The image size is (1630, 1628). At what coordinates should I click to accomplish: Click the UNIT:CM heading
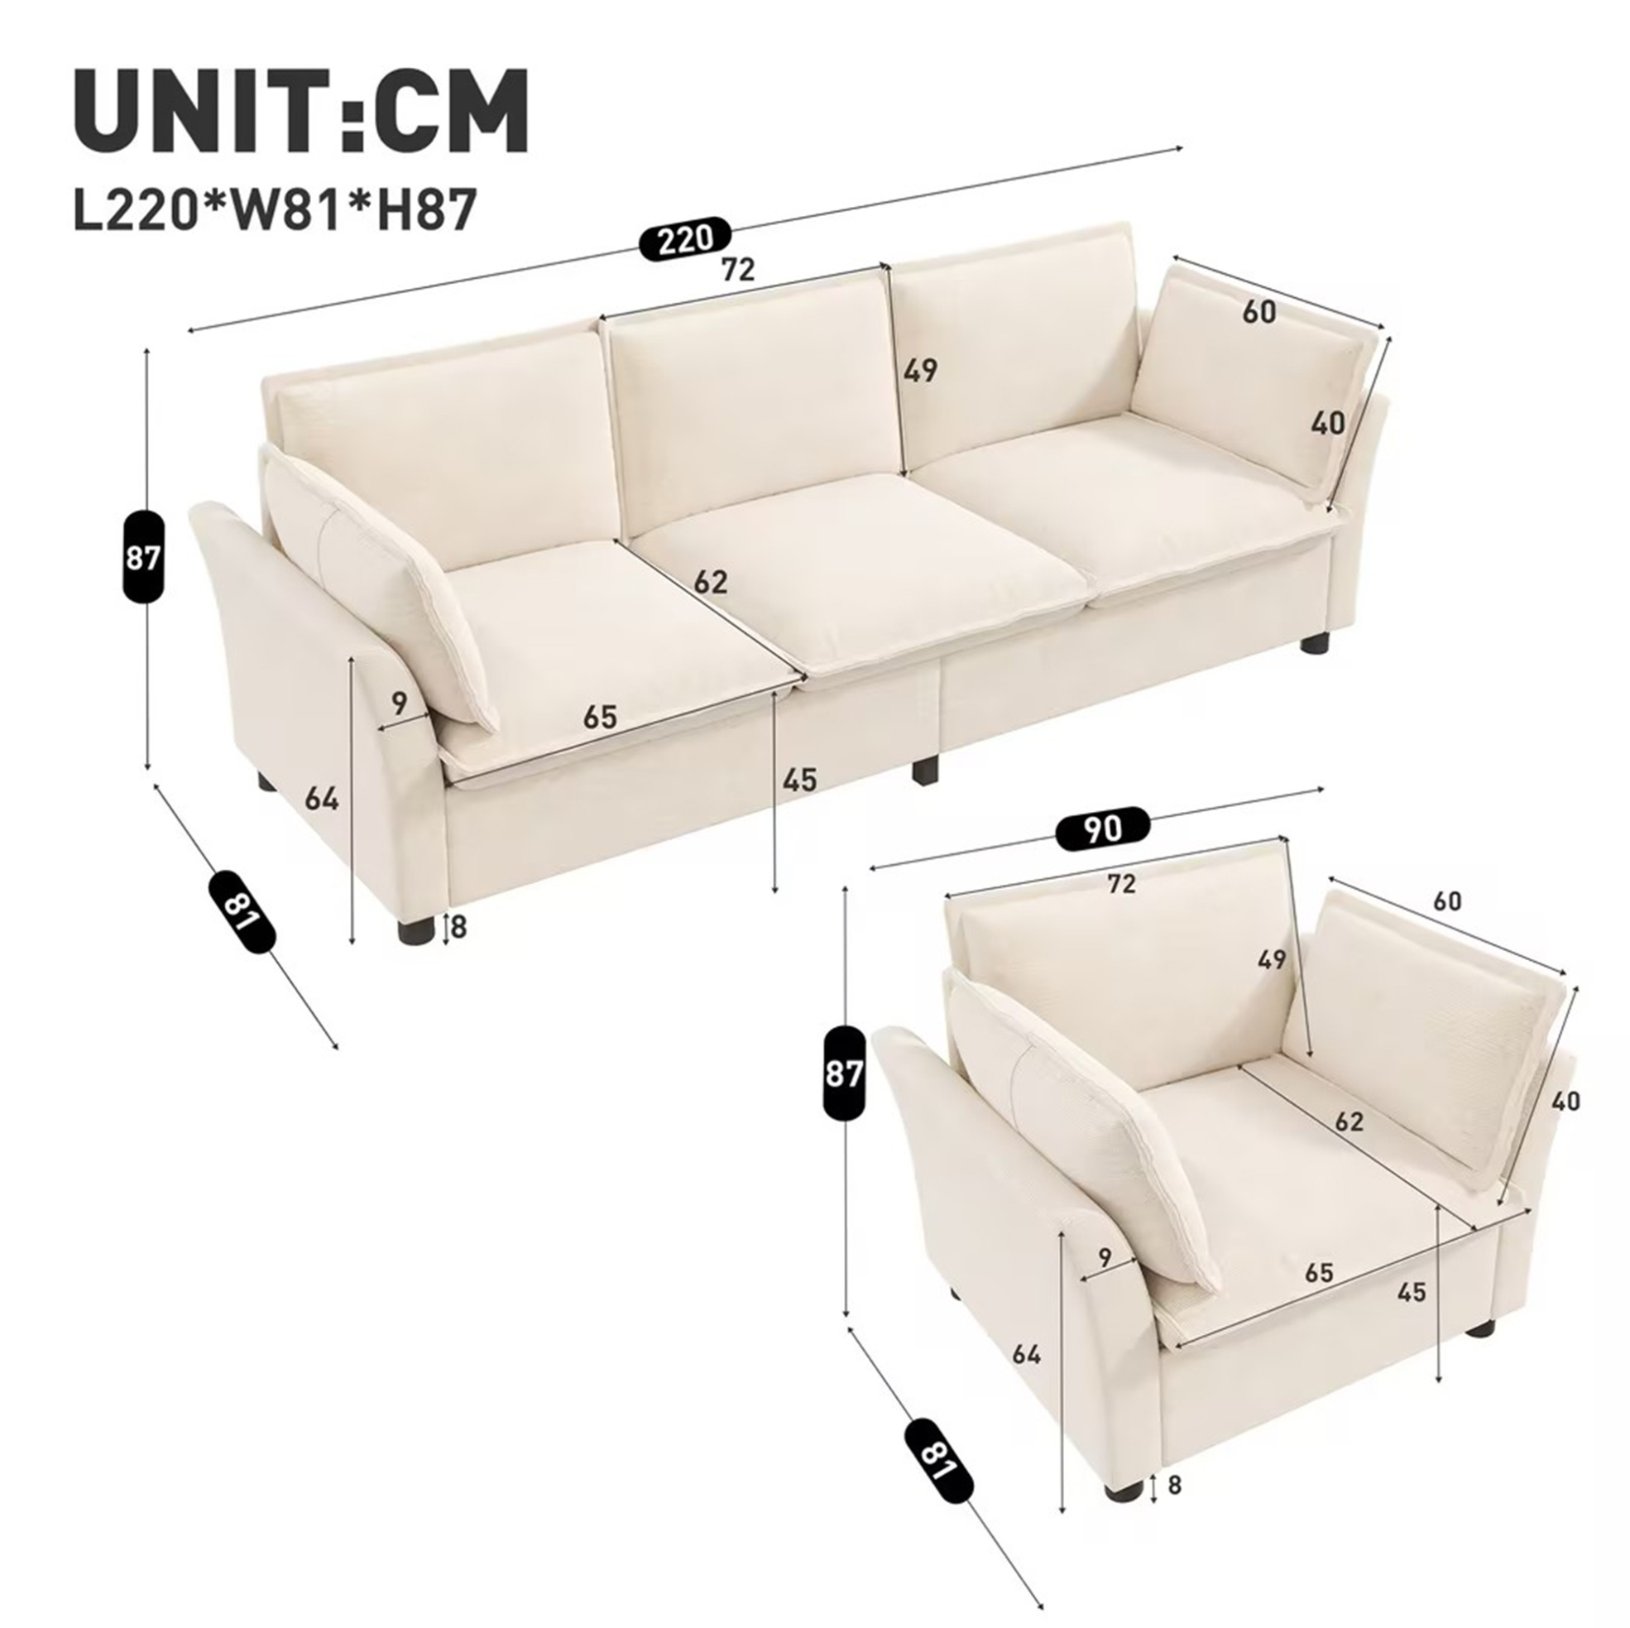pyautogui.click(x=302, y=111)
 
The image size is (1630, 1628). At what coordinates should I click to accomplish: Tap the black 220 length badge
pyautogui.click(x=683, y=242)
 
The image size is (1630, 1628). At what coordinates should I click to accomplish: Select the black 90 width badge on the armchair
pyautogui.click(x=1104, y=830)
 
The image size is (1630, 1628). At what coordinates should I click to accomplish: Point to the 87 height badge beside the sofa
pyautogui.click(x=142, y=556)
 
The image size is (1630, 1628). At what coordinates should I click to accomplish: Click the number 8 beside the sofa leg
pyautogui.click(x=459, y=928)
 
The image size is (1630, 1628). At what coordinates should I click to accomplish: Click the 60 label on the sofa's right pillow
pyautogui.click(x=1258, y=312)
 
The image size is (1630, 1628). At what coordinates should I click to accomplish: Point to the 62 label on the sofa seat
pyautogui.click(x=711, y=583)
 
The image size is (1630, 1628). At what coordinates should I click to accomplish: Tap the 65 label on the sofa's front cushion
pyautogui.click(x=600, y=718)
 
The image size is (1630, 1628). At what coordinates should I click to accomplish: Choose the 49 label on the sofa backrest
pyautogui.click(x=919, y=371)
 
